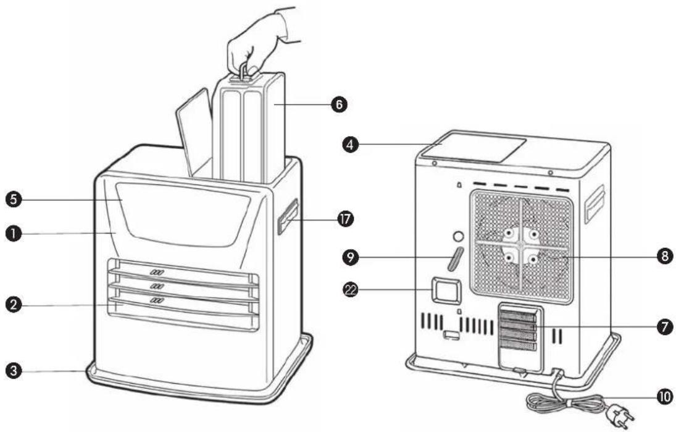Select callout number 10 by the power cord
pos(664,396)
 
